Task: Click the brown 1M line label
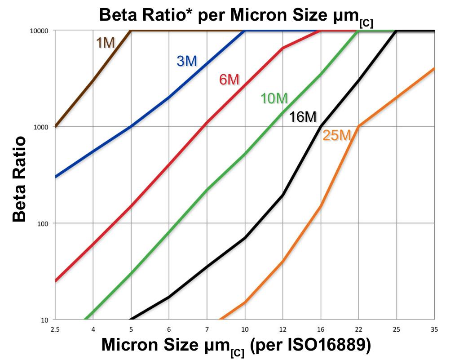(x=106, y=43)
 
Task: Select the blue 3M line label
(x=187, y=61)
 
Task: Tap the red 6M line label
(x=229, y=80)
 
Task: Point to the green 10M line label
(x=274, y=98)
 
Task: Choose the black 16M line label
(x=303, y=117)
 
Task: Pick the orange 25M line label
(x=336, y=135)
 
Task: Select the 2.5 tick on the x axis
(x=55, y=329)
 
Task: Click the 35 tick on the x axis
(x=434, y=329)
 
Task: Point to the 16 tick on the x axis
(x=321, y=329)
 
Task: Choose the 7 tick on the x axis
(x=207, y=329)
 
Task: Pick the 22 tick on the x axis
(x=358, y=329)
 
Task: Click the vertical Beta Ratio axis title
(x=19, y=179)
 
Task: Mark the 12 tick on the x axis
(x=283, y=329)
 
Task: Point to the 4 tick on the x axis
(x=93, y=329)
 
